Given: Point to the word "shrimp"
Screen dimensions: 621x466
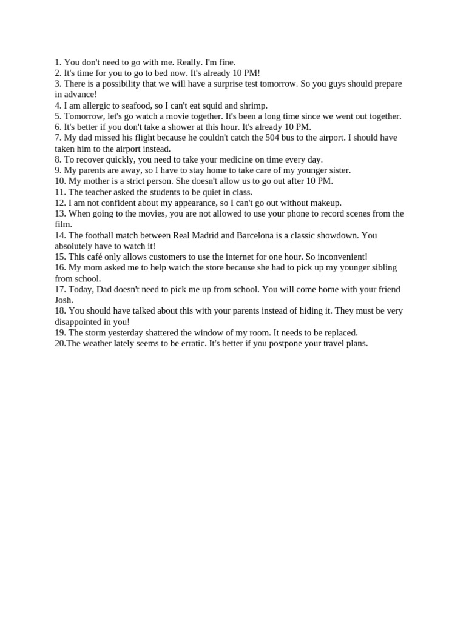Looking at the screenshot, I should pos(252,106).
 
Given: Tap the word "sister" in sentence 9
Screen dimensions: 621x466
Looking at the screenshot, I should pos(337,170).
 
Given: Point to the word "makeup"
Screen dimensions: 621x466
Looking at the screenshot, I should pos(326,203).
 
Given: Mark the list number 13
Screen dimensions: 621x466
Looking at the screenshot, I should pos(60,213).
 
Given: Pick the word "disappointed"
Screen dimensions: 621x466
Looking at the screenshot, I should pos(80,322).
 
